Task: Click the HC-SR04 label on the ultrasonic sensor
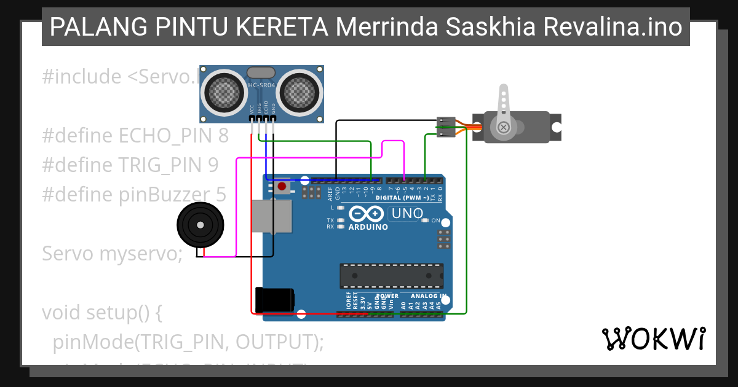point(261,85)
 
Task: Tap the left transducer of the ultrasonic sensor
point(223,93)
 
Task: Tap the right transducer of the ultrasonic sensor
point(300,93)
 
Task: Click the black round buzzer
point(199,225)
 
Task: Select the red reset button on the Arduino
point(282,186)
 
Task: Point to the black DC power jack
point(274,300)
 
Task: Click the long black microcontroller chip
point(392,276)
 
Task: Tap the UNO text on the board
point(408,214)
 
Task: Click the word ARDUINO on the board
point(368,227)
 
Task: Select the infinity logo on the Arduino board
point(367,214)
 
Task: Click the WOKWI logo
point(653,339)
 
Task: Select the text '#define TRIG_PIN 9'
point(130,165)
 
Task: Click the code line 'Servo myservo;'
point(113,253)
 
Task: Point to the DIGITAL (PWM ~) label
point(402,198)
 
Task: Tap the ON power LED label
point(435,220)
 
